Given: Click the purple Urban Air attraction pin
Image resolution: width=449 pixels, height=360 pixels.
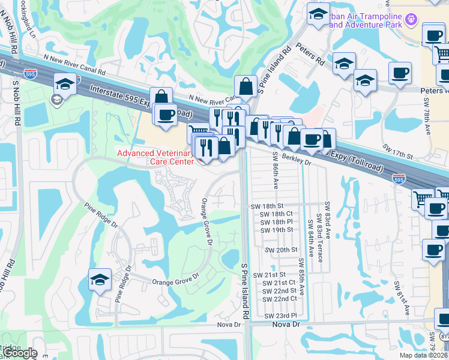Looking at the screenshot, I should tap(411, 19).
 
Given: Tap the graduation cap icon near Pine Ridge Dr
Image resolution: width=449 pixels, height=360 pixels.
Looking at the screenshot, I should tap(100, 278).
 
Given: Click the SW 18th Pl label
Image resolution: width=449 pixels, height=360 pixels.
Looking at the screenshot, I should tap(276, 221).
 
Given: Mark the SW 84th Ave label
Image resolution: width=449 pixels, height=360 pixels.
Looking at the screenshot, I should tap(311, 239).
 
